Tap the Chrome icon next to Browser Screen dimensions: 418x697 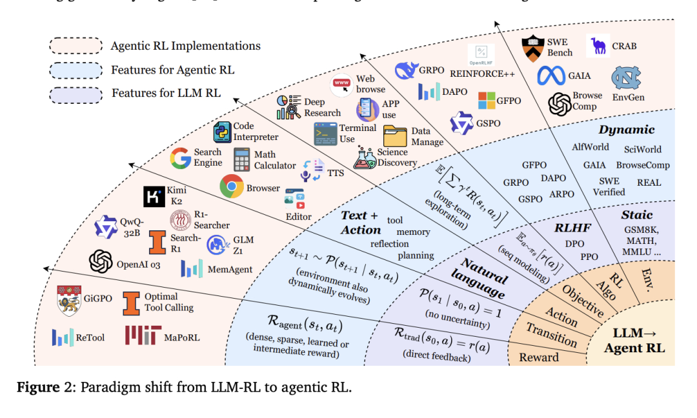(231, 187)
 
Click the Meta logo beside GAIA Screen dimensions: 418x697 (551, 76)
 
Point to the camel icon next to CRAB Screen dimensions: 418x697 (600, 46)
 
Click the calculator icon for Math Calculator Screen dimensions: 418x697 (242, 159)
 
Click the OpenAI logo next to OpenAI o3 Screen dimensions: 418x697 (101, 262)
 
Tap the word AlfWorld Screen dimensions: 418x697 (590, 147)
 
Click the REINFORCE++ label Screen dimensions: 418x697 (482, 73)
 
